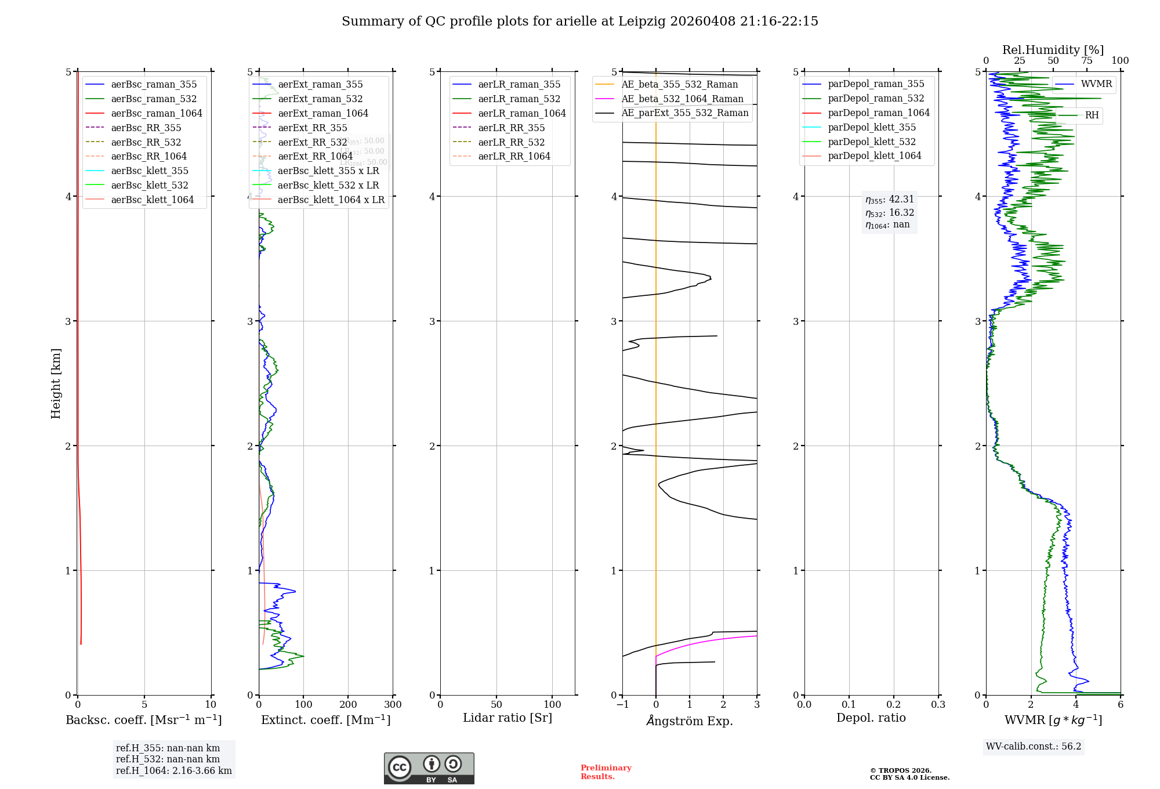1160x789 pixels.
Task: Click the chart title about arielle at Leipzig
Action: click(x=579, y=21)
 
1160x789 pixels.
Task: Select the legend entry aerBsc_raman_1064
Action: click(x=156, y=113)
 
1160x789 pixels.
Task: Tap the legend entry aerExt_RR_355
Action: click(x=312, y=128)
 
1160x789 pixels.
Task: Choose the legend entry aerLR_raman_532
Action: click(x=519, y=99)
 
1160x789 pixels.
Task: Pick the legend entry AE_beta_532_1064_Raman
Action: click(x=682, y=99)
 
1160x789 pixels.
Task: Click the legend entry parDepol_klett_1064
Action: click(x=874, y=155)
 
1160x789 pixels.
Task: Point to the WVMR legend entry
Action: click(x=1096, y=84)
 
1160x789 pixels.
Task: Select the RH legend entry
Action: click(x=1092, y=115)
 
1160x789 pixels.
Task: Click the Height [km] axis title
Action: click(x=56, y=383)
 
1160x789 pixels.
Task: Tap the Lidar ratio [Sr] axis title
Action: click(x=507, y=718)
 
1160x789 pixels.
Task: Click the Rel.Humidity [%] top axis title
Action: click(x=1053, y=50)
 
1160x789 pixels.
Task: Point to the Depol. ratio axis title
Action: click(x=871, y=718)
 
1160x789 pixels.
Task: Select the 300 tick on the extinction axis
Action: click(x=393, y=705)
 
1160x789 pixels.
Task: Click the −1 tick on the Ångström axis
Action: click(x=622, y=705)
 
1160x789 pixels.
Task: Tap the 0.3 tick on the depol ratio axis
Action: click(x=938, y=705)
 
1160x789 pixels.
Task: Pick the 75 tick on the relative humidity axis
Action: click(x=1086, y=61)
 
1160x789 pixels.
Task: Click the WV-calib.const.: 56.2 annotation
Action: click(x=1034, y=746)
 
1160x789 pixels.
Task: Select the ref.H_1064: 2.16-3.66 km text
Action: click(x=173, y=770)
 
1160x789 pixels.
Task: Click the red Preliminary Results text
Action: click(x=606, y=772)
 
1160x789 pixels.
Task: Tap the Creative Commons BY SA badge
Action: click(x=429, y=768)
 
